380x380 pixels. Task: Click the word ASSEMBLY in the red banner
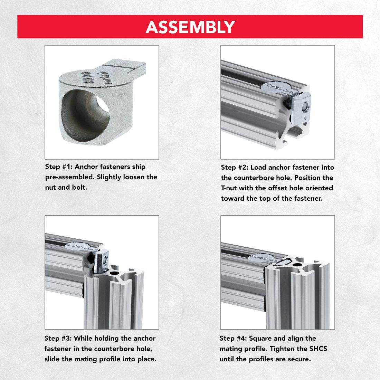coord(190,27)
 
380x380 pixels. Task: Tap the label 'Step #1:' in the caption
coord(58,167)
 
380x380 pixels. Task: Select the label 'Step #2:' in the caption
coord(234,168)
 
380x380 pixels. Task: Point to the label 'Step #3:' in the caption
coord(58,339)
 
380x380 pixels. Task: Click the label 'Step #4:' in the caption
coord(233,339)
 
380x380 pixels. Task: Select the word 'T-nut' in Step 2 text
coord(230,188)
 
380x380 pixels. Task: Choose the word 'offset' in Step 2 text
coord(272,188)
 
